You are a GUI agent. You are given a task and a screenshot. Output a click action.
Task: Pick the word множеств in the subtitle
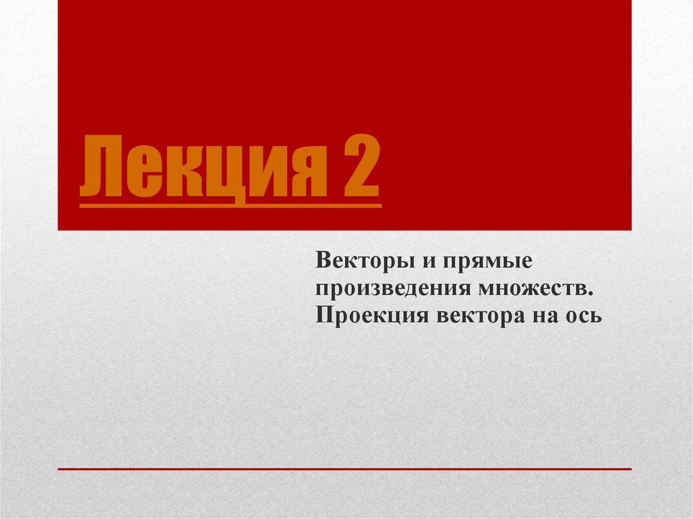tap(534, 288)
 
